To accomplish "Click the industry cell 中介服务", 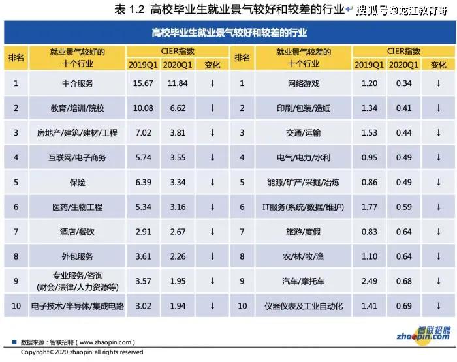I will (77, 83).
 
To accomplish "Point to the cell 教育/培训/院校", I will (77, 108).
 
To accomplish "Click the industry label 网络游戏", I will (304, 83).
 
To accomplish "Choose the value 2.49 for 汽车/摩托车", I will (370, 281).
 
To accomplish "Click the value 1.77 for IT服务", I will (370, 207).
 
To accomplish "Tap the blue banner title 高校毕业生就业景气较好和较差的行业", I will (228, 32).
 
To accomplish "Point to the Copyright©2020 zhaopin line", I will (82, 352).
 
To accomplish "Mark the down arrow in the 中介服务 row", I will (212, 83).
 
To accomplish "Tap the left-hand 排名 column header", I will (16, 57).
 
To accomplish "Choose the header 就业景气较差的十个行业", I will (304, 57).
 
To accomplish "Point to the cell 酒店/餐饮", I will (77, 232).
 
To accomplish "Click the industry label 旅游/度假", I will (304, 232).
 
